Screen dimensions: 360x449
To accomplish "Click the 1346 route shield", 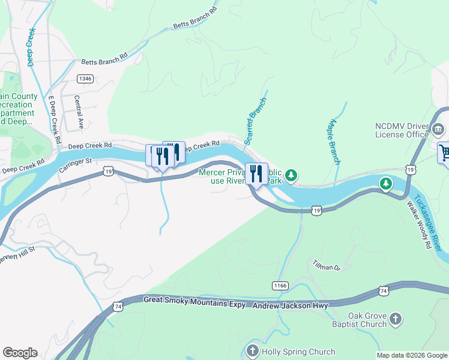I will pyautogui.click(x=85, y=79).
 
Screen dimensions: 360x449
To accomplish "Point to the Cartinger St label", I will pyautogui.click(x=75, y=165).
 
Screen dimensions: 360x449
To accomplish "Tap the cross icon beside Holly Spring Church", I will pyautogui.click(x=252, y=350).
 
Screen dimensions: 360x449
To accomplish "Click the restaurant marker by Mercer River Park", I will pyautogui.click(x=256, y=175).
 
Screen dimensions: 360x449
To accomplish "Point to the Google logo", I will pyautogui.click(x=20, y=353).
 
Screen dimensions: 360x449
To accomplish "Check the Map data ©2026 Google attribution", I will pyautogui.click(x=411, y=355).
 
